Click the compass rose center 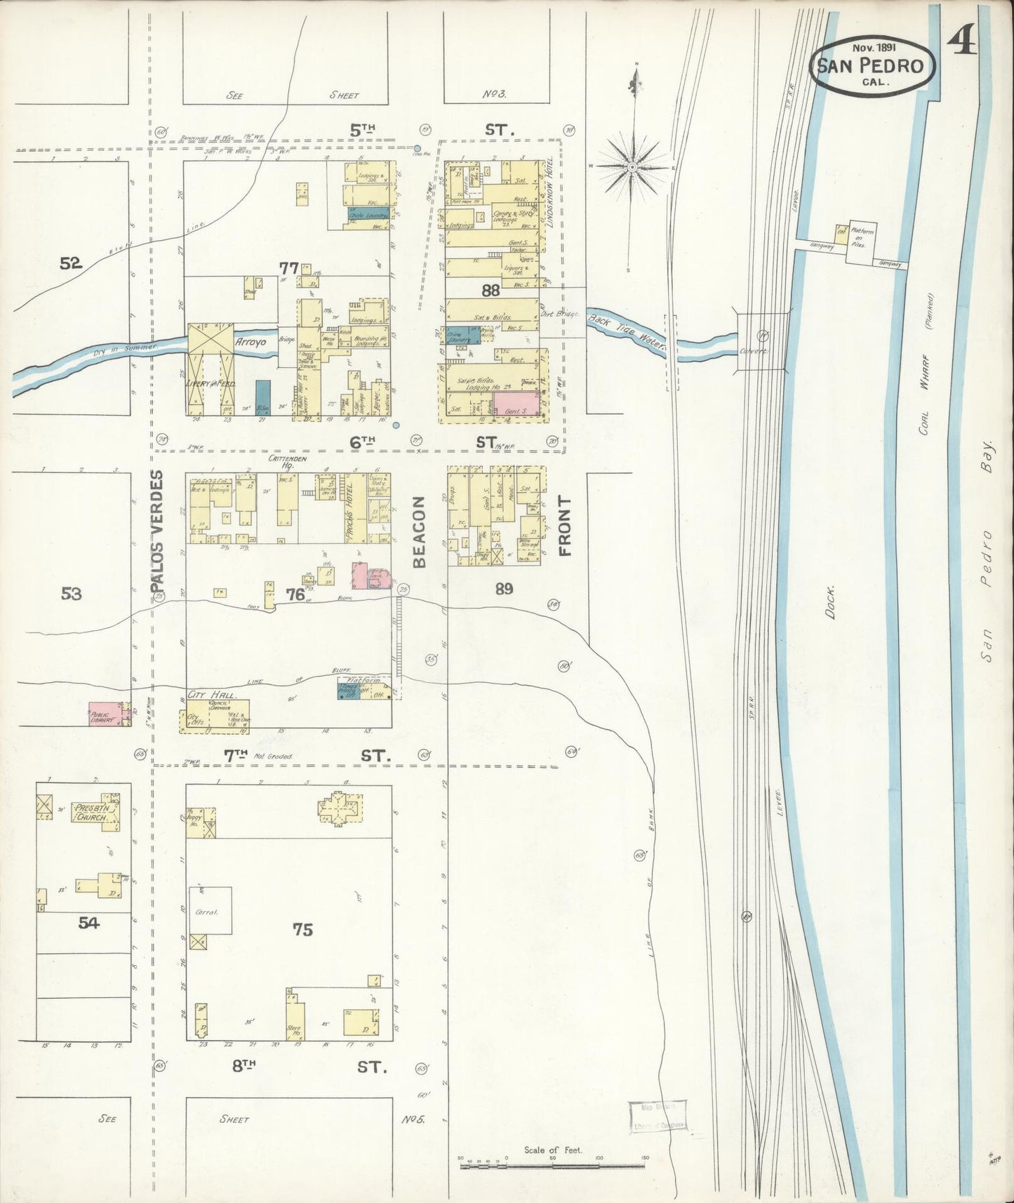coord(632,166)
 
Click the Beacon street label coord(419,531)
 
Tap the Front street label coord(565,526)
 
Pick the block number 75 coord(302,929)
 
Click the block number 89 coord(503,588)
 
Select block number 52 coord(71,263)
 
